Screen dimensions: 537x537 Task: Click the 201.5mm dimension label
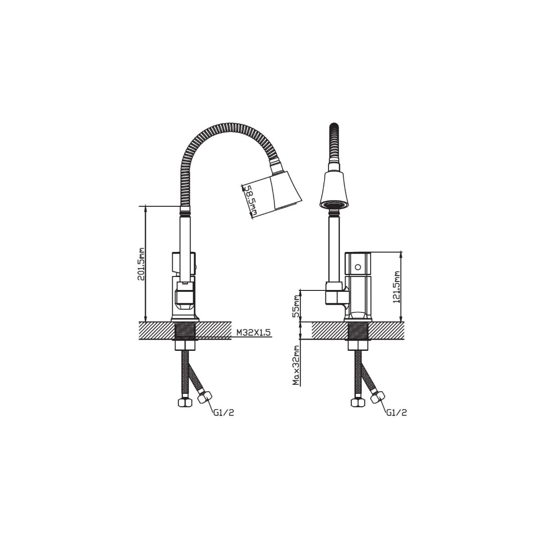pos(141,264)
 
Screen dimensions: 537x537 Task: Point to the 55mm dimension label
pos(297,306)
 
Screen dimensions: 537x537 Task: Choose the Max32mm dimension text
pos(297,365)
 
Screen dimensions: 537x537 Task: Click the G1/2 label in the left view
pos(223,413)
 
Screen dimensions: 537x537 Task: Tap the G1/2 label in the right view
pos(396,413)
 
